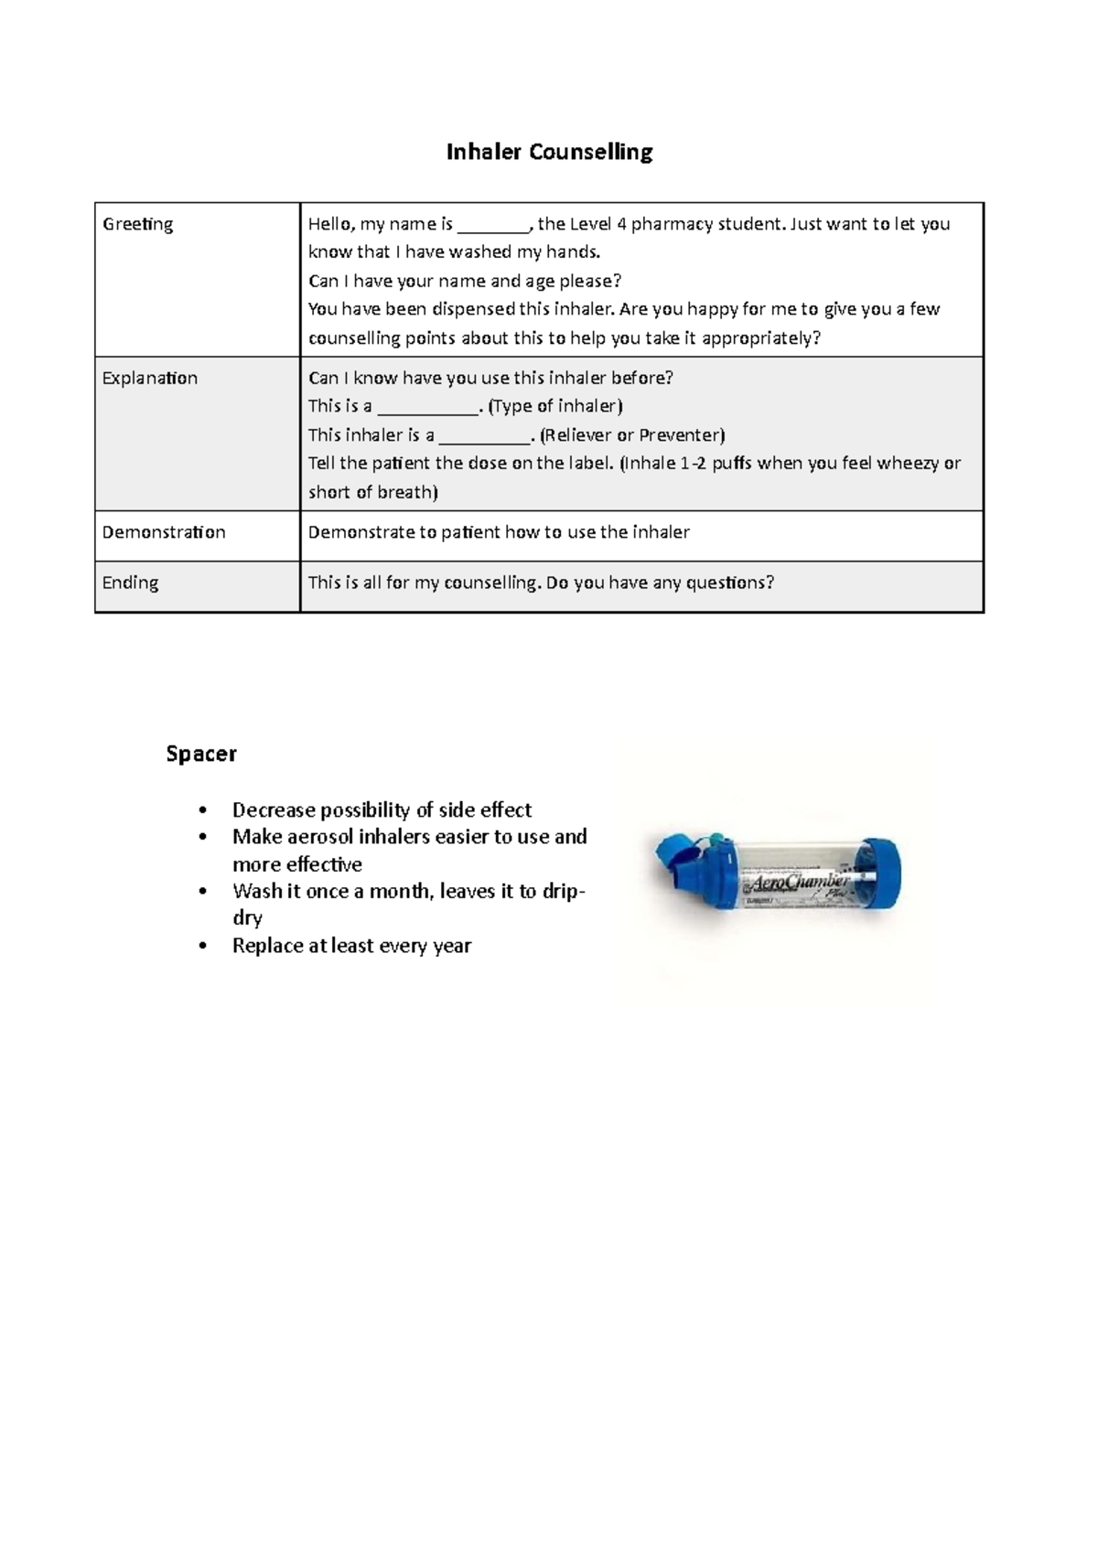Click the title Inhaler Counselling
(x=549, y=152)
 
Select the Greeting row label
(x=137, y=224)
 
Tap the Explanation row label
(x=149, y=378)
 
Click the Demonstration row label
(x=163, y=532)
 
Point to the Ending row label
(x=130, y=583)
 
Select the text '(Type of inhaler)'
(x=555, y=406)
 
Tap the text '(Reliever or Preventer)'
(x=632, y=435)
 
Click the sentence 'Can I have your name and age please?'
(x=465, y=281)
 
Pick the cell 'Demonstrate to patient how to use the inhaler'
(x=499, y=532)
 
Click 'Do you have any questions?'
(x=660, y=583)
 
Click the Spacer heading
(x=201, y=754)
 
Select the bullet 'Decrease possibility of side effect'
(x=382, y=810)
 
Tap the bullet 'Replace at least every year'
(x=351, y=946)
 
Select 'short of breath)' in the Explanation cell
(x=372, y=492)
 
